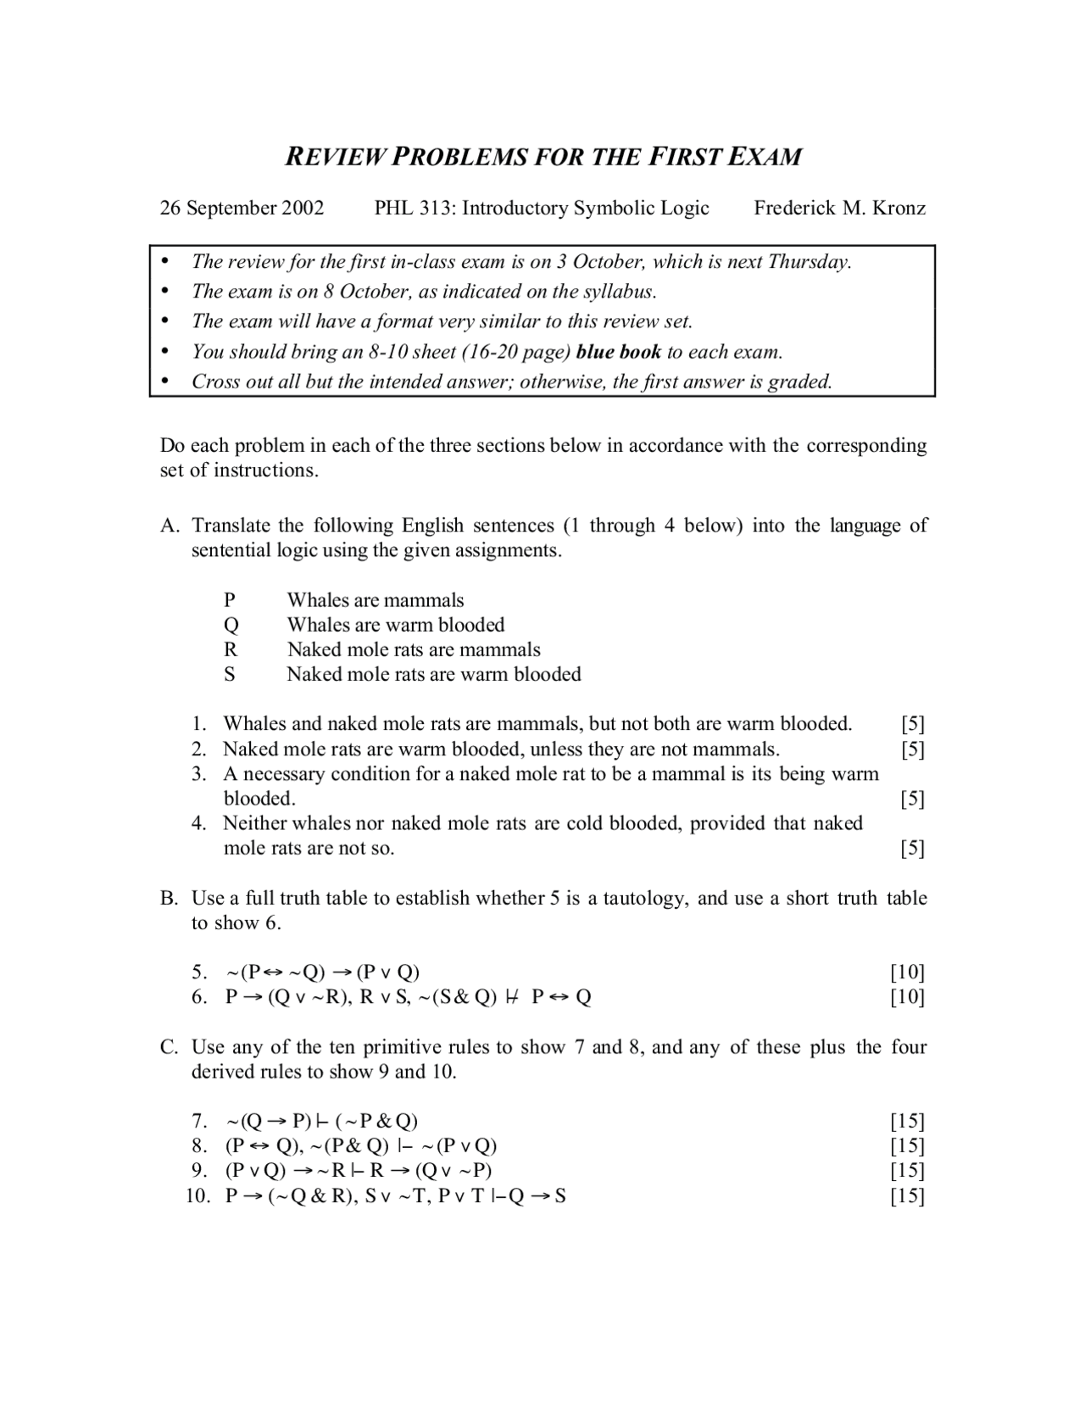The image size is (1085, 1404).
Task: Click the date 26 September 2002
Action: point(242,208)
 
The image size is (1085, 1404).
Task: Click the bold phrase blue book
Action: point(618,351)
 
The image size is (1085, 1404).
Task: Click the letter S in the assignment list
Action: point(230,674)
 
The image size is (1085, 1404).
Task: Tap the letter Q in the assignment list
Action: point(231,625)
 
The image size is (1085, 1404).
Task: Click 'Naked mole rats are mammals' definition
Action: point(414,649)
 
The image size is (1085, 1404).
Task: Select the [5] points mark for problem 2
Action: point(912,749)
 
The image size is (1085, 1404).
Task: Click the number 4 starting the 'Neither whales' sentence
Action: point(198,823)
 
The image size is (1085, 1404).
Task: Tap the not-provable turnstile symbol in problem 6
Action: point(511,997)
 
